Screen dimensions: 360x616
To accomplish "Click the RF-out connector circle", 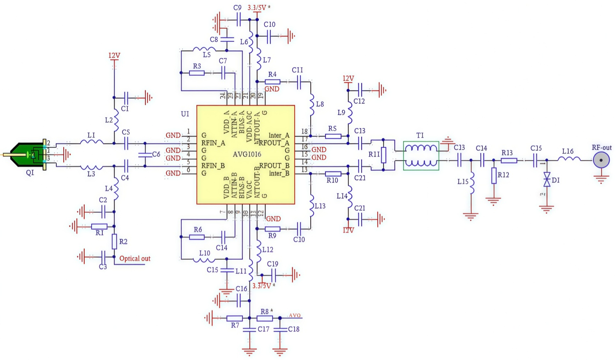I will (601, 160).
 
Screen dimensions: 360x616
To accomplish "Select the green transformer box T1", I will (421, 155).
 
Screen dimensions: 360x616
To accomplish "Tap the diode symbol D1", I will (547, 180).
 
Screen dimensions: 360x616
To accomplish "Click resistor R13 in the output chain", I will (509, 160).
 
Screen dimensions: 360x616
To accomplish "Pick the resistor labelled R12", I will (494, 175).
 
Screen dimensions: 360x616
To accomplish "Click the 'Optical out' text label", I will (135, 258).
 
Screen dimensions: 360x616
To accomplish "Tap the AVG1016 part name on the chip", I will (247, 155).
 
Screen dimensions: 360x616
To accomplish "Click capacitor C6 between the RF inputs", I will (145, 155).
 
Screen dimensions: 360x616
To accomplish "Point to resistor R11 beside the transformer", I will (383, 155).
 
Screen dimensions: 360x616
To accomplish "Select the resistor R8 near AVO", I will (265, 318).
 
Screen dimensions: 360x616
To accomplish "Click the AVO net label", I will (295, 316).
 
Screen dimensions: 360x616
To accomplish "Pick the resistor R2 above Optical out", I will (114, 242).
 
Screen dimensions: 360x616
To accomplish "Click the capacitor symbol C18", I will (280, 329).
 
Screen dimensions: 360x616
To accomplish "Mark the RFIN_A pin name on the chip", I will (213, 143).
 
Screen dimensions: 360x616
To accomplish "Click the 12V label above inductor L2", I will (114, 55).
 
